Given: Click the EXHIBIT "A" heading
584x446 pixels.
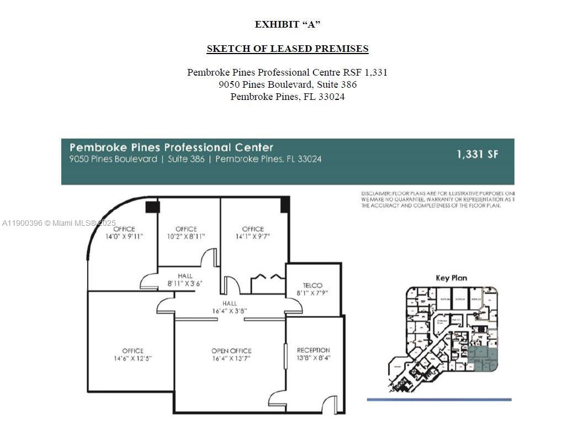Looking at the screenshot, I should (287, 24).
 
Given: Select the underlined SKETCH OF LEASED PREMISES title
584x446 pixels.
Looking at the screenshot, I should (287, 49).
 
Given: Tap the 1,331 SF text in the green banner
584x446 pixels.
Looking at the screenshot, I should (477, 155).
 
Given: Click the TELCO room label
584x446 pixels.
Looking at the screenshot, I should (312, 285).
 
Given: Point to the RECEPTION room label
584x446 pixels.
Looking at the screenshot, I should (313, 350).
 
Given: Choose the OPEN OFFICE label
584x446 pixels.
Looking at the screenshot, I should (231, 351).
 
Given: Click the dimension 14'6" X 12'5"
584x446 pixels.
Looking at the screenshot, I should (132, 358).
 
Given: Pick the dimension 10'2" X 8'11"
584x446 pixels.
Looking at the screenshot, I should (186, 236).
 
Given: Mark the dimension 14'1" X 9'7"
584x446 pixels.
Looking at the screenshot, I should (253, 236).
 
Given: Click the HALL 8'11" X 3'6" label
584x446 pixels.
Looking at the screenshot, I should (185, 279).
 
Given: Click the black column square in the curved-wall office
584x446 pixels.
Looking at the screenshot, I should (152, 207).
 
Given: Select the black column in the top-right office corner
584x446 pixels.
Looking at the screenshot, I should (285, 205).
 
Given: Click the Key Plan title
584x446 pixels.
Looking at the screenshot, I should (451, 278).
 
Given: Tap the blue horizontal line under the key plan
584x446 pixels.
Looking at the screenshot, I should (439, 400).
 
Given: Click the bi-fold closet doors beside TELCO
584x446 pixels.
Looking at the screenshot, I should (268, 278).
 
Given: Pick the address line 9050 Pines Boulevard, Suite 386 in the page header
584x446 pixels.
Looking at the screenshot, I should (287, 84).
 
